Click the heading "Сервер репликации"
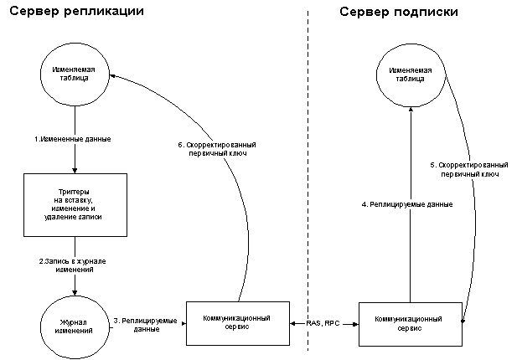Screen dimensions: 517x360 pyautogui.click(x=76, y=12)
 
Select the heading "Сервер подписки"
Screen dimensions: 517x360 pyautogui.click(x=399, y=13)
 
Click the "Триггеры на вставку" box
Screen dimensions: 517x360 pyautogui.click(x=75, y=205)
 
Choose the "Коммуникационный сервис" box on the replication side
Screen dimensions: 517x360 pyautogui.click(x=238, y=323)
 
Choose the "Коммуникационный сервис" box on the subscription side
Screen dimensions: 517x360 pyautogui.click(x=411, y=324)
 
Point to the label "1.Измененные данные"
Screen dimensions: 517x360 pyautogui.click(x=73, y=139)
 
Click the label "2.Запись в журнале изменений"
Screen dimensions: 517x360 pyautogui.click(x=73, y=265)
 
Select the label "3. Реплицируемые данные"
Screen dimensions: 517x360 pyautogui.click(x=146, y=325)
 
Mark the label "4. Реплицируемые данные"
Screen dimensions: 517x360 pyautogui.click(x=407, y=204)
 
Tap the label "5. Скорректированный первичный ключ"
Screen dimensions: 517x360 pyautogui.click(x=469, y=170)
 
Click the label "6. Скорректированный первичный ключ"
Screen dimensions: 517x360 pyautogui.click(x=217, y=149)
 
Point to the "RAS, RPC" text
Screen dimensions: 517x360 pyautogui.click(x=323, y=323)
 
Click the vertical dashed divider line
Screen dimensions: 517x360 pyautogui.click(x=308, y=181)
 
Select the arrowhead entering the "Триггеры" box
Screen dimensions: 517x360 pyautogui.click(x=75, y=171)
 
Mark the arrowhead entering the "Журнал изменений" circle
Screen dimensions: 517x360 pyautogui.click(x=75, y=292)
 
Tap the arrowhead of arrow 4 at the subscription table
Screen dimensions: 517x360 pyautogui.click(x=411, y=110)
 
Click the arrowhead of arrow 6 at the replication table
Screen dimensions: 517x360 pyautogui.click(x=112, y=75)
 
